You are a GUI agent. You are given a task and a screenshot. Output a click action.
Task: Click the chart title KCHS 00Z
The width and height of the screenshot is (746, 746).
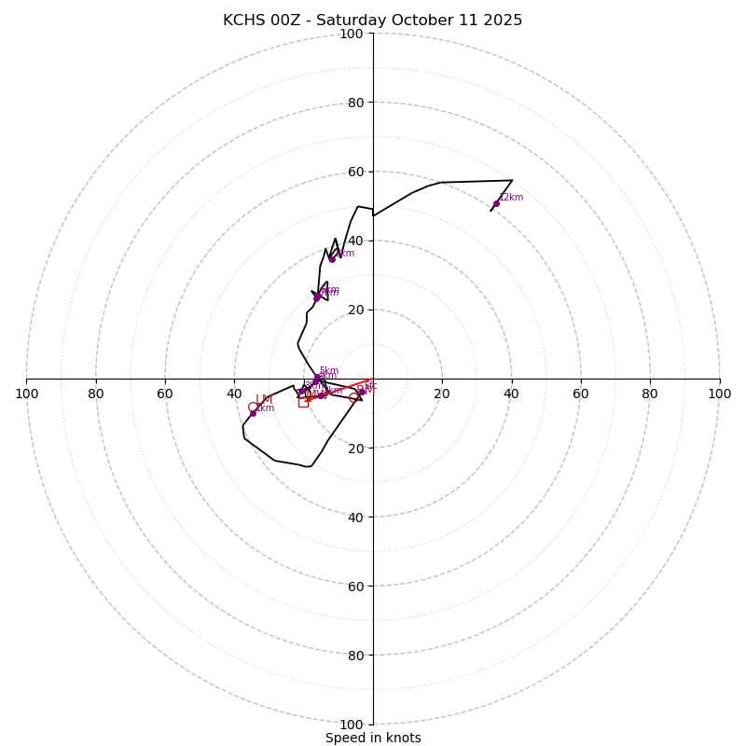point(372,21)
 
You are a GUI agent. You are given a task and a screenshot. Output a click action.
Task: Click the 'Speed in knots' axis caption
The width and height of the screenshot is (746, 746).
point(373,738)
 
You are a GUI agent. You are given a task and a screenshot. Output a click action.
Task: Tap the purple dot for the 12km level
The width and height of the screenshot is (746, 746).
point(496,203)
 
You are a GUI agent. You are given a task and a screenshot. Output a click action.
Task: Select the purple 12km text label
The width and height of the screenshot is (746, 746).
point(511,197)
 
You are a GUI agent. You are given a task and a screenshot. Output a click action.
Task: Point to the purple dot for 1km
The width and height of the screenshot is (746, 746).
point(253,413)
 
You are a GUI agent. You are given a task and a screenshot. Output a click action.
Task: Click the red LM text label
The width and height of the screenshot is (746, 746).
point(264,399)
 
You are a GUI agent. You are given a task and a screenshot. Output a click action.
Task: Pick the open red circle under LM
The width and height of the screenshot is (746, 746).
point(253,407)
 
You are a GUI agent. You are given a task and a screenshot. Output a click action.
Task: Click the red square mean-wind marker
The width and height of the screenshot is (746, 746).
point(303,402)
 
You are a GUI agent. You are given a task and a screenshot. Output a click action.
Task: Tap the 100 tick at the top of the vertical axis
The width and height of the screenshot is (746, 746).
point(352,34)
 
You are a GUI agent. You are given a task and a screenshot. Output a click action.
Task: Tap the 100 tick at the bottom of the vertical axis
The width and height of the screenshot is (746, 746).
point(352,725)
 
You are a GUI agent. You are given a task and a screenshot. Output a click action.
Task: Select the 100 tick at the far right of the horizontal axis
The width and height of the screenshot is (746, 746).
point(719,394)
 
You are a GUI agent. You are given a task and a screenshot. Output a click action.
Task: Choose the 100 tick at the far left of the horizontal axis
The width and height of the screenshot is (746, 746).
point(27,394)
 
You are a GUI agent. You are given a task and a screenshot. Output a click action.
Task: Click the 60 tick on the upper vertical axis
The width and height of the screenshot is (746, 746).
point(355,172)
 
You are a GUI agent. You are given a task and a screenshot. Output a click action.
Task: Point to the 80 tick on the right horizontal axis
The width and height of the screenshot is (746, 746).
point(650,394)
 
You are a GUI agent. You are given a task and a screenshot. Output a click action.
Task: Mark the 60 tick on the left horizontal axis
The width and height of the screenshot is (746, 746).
point(165,394)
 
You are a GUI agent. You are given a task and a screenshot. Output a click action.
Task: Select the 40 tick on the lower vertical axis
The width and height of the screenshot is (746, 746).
point(355,518)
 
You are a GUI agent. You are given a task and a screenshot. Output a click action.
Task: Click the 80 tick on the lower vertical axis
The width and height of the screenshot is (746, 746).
point(355,656)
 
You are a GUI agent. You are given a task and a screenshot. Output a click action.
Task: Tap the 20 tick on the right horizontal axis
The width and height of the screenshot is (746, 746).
point(442,394)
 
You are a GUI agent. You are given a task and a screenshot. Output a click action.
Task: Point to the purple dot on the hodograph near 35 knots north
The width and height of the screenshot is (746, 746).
point(332,258)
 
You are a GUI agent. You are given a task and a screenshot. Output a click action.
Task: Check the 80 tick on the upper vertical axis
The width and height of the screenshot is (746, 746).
point(355,103)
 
